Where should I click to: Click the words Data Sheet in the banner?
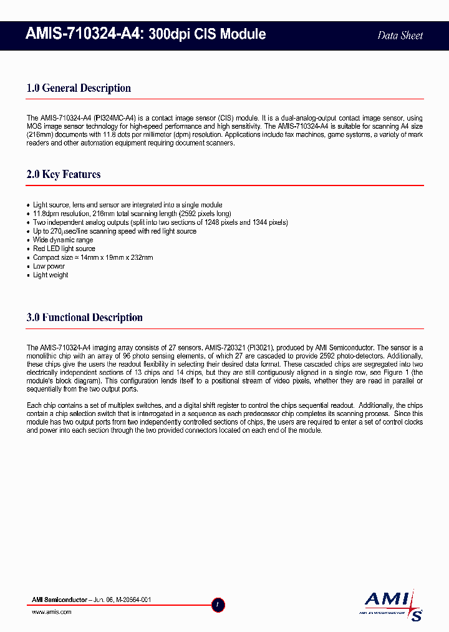pos(400,36)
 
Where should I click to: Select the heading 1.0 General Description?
pos(79,88)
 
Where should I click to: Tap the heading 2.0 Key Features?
pos(64,174)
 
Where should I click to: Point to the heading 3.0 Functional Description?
pos(85,317)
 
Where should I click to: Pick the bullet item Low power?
pos(49,266)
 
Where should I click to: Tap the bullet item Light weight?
pos(51,275)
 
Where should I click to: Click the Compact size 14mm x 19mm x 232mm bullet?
pos(93,257)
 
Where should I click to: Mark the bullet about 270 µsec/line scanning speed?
pos(114,231)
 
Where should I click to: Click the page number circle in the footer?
pos(218,605)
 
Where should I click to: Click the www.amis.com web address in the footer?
pos(52,612)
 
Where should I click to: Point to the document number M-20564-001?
pos(131,600)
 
